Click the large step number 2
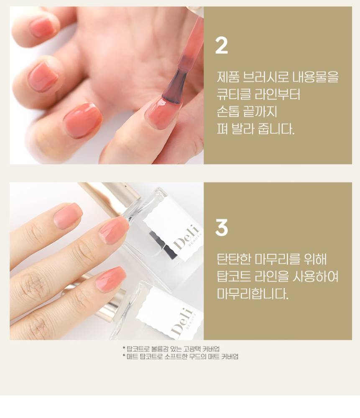click(x=221, y=46)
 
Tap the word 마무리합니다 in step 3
click(x=253, y=294)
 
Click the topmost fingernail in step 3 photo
click(x=68, y=216)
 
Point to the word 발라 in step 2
click(x=242, y=129)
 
